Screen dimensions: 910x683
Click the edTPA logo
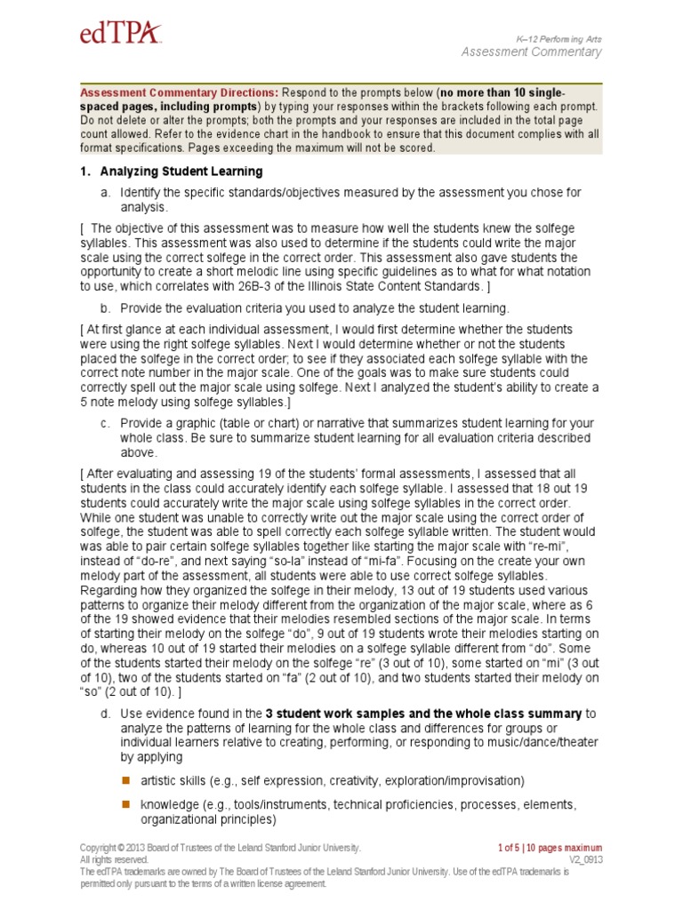(121, 34)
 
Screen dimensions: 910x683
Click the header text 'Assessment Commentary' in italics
(531, 52)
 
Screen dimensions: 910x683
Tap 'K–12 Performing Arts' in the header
(558, 38)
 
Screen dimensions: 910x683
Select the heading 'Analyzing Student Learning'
(181, 172)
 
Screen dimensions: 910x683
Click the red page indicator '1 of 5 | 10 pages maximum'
(549, 848)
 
